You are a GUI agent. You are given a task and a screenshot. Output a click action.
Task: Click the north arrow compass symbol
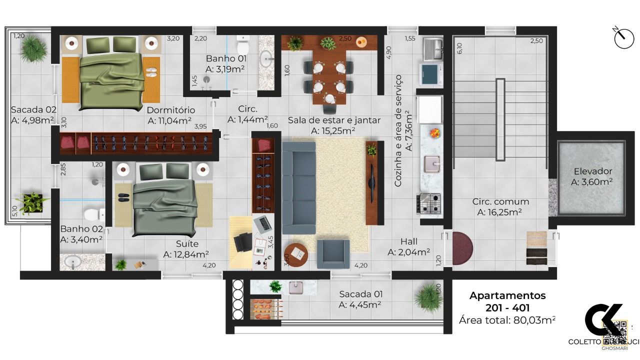point(623,38)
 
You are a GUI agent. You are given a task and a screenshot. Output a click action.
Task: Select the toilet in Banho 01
point(243,46)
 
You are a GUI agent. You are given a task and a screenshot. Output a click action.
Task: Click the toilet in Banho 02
point(93,215)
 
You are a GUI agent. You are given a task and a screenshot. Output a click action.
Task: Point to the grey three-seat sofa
point(298,187)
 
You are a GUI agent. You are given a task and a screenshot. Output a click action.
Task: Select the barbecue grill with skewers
point(265,309)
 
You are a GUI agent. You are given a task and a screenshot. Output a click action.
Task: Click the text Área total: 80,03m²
point(507,320)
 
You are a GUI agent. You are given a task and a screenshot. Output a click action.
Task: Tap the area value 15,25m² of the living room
point(333,130)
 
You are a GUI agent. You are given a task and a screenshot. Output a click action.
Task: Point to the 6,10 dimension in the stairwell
point(459,48)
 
